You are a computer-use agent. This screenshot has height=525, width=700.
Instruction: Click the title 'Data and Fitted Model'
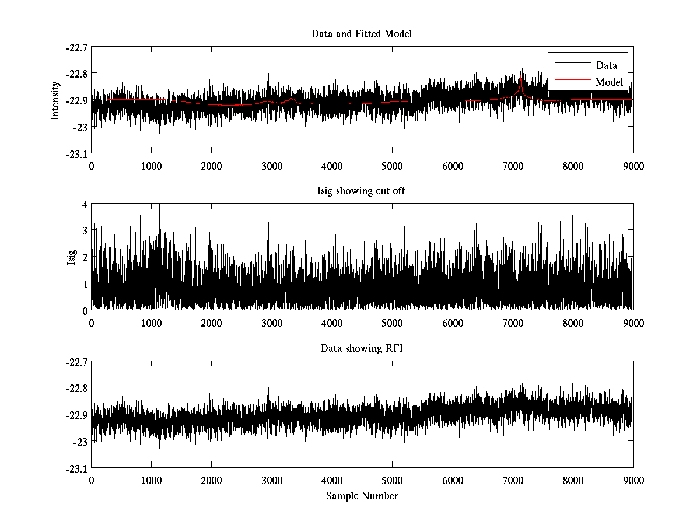(362, 34)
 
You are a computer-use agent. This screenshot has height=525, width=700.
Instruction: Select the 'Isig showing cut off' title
(362, 191)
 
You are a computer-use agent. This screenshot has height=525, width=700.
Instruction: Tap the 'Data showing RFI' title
(362, 348)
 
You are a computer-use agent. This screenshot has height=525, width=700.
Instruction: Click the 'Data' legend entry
(606, 65)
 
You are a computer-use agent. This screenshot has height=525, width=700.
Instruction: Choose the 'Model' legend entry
(609, 82)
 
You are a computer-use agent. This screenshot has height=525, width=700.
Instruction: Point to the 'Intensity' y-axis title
(55, 100)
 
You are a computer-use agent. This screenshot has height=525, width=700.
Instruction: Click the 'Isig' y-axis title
(72, 257)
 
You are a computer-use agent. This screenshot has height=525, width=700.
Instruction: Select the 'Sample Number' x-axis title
(362, 496)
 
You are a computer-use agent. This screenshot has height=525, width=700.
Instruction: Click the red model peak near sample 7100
(521, 77)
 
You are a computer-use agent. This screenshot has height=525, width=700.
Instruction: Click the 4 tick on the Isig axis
(85, 204)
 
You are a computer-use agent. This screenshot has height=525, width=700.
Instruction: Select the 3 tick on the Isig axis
(85, 231)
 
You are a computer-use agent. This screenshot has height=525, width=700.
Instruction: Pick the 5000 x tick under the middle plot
(392, 323)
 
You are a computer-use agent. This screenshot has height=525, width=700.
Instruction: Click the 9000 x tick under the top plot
(633, 166)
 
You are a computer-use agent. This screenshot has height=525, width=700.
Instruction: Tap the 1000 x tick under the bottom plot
(151, 480)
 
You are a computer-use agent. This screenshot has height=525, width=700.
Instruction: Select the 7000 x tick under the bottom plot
(513, 480)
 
